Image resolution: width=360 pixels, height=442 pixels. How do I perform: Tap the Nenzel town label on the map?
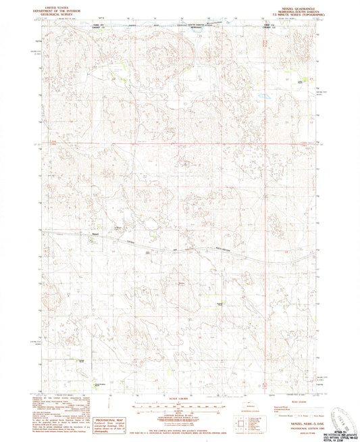pos(95,237)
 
